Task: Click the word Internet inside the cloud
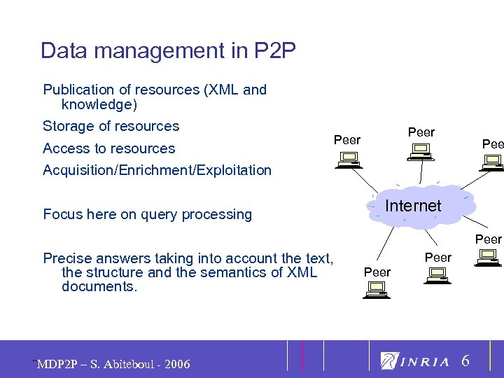point(413,206)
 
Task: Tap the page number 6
point(465,360)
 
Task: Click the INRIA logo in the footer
point(415,361)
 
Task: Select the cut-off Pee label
point(492,143)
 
